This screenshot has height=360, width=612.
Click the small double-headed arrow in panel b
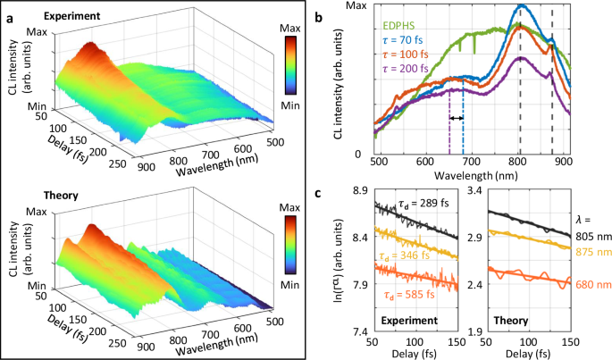click(x=457, y=118)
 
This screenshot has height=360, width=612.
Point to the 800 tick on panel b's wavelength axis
click(x=519, y=163)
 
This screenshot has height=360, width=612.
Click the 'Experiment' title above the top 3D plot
click(x=59, y=16)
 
